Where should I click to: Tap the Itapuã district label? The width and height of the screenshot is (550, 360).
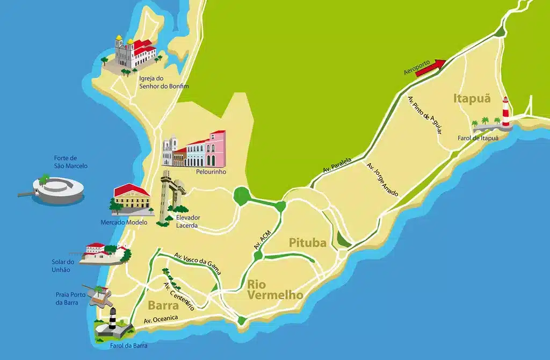coord(472,98)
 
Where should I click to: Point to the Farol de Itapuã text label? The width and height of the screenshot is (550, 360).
coord(478,138)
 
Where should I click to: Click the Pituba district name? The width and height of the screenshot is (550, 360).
coord(308,243)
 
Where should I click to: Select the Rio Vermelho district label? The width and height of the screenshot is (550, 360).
coord(275,290)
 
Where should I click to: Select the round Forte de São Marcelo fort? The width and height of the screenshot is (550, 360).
coord(58,189)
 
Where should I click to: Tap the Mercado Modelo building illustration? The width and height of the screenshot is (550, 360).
coord(131,199)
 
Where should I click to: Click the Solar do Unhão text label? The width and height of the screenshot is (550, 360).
coord(61,265)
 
